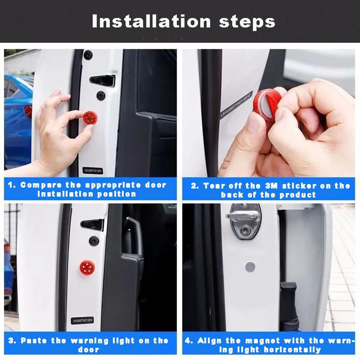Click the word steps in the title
[247, 22]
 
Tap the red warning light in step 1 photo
[90, 117]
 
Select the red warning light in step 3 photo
[87, 268]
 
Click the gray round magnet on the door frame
[250, 267]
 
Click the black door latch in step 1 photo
[102, 81]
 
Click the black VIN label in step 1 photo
[93, 171]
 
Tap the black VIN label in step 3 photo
[82, 320]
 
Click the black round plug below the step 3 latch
[94, 240]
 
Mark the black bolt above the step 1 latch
[88, 55]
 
